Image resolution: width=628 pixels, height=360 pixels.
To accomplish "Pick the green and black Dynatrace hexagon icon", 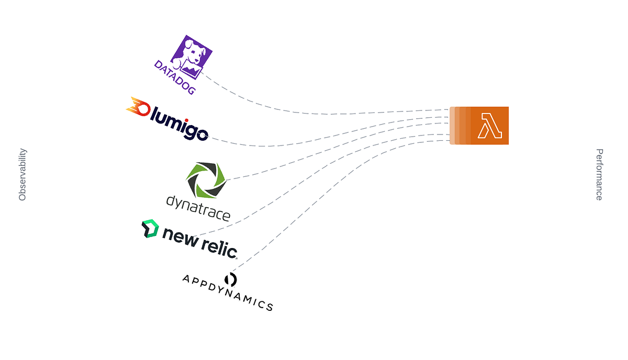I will tap(206, 179).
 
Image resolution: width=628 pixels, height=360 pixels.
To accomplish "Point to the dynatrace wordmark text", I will tap(198, 207).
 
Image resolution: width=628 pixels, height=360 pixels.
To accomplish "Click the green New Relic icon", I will tap(150, 229).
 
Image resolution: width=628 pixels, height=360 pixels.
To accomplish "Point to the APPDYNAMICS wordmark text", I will tap(227, 293).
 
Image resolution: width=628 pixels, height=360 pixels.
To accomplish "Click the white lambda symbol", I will tap(489, 126).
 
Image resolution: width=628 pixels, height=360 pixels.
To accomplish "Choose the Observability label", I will tap(23, 175).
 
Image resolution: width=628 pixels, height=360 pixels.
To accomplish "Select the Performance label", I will tap(599, 175).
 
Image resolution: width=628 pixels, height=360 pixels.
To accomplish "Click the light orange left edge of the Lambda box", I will tap(452, 126).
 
